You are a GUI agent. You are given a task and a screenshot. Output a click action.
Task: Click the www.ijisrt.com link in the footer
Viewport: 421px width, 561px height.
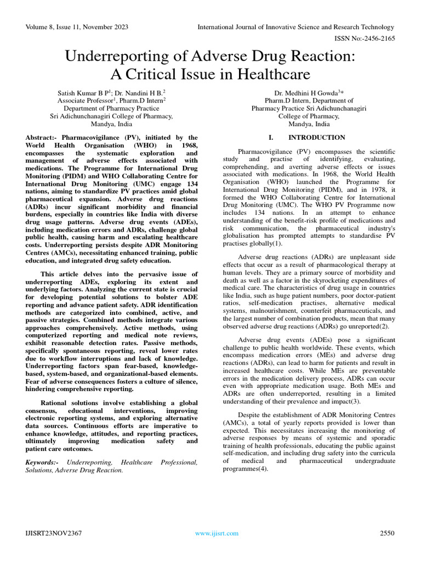(x=217, y=533)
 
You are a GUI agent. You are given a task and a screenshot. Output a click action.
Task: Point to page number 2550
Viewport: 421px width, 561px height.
(x=387, y=533)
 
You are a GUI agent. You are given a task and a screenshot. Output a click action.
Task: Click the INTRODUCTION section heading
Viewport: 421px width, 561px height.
(x=317, y=138)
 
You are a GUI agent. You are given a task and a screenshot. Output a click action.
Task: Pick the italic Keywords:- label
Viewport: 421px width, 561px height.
(x=42, y=462)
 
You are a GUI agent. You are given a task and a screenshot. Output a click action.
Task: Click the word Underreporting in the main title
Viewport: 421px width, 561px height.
(x=121, y=56)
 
